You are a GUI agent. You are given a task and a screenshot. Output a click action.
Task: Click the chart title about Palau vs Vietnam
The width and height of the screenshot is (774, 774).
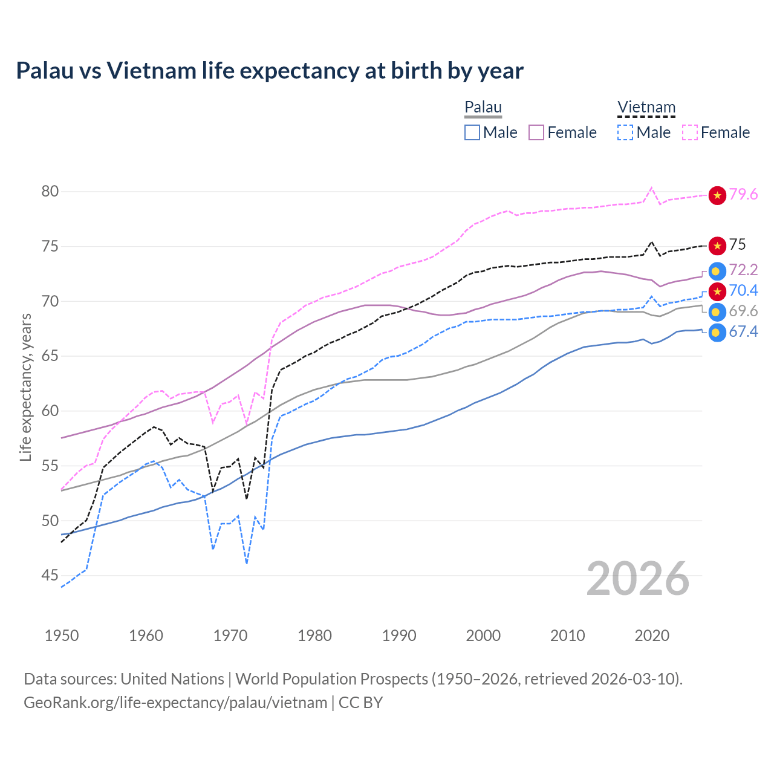pyautogui.click(x=270, y=71)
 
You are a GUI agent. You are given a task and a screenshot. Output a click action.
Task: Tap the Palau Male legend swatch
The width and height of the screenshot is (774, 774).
pyautogui.click(x=472, y=132)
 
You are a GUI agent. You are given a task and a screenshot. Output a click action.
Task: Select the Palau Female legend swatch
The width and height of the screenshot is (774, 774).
pyautogui.click(x=537, y=132)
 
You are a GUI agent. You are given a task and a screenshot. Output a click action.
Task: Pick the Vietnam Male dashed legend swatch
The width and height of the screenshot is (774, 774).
pyautogui.click(x=625, y=132)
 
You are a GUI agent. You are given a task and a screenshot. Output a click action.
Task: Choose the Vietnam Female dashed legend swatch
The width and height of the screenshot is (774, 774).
pyautogui.click(x=690, y=132)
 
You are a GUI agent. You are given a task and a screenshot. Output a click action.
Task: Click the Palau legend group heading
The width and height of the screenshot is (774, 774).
pyautogui.click(x=483, y=108)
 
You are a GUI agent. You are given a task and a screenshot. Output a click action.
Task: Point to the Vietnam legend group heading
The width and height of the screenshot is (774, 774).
pyautogui.click(x=646, y=108)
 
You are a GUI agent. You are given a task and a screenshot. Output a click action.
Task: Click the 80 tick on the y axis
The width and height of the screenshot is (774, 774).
pyautogui.click(x=50, y=192)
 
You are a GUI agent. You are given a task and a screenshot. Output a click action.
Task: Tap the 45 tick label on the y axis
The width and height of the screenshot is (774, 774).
pyautogui.click(x=50, y=576)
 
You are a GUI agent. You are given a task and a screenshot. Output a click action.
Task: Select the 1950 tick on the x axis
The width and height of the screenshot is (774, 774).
pyautogui.click(x=62, y=636)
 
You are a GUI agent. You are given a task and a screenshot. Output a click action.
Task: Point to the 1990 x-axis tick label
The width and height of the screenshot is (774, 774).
pyautogui.click(x=399, y=636)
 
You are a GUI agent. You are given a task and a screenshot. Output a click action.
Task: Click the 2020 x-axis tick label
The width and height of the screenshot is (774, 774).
pyautogui.click(x=652, y=636)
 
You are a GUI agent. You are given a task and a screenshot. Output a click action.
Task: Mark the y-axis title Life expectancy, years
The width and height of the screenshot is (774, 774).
pyautogui.click(x=26, y=387)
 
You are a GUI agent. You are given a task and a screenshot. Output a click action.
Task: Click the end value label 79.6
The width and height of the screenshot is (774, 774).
pyautogui.click(x=743, y=194)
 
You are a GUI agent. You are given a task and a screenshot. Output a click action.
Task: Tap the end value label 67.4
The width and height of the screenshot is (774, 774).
pyautogui.click(x=743, y=331)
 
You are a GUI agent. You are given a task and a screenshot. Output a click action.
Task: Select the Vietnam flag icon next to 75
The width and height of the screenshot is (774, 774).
pyautogui.click(x=717, y=245)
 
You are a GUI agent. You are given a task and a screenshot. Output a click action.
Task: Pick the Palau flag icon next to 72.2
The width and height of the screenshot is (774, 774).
pyautogui.click(x=717, y=270)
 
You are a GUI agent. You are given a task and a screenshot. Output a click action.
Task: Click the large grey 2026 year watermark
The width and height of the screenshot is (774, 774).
pyautogui.click(x=638, y=579)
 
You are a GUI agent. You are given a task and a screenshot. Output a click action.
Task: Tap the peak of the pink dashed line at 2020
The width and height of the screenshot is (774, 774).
pyautogui.click(x=651, y=187)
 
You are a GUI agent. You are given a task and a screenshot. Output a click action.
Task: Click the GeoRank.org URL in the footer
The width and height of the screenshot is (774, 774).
pyautogui.click(x=175, y=703)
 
